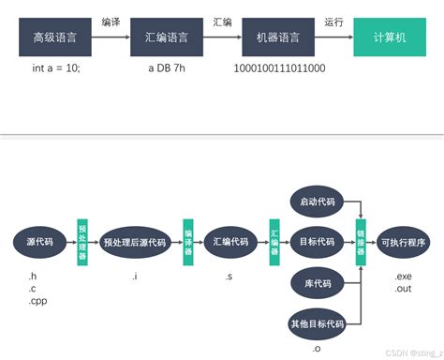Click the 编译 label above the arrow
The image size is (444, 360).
[111, 22]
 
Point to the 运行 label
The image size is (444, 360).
[333, 22]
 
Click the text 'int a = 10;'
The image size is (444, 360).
[55, 69]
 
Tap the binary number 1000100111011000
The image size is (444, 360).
[278, 69]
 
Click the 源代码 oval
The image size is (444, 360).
[38, 242]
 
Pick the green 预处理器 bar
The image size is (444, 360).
[82, 242]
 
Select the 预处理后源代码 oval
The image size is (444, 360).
[135, 242]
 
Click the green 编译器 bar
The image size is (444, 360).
[187, 242]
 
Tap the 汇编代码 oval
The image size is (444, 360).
[230, 242]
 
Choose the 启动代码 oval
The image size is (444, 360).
[317, 202]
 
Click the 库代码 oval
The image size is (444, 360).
[317, 283]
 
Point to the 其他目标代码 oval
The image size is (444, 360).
[317, 324]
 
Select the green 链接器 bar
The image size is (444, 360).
[361, 242]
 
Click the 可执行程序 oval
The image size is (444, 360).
[404, 242]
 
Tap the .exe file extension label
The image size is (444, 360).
[404, 277]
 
